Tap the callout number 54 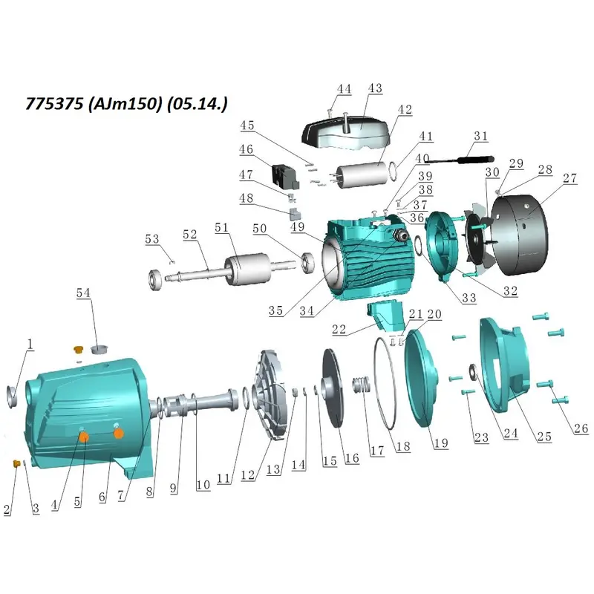(83, 293)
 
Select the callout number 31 (480, 136)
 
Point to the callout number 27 (569, 178)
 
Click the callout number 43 (375, 88)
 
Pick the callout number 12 (248, 475)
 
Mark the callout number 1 (30, 344)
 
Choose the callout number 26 (581, 428)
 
